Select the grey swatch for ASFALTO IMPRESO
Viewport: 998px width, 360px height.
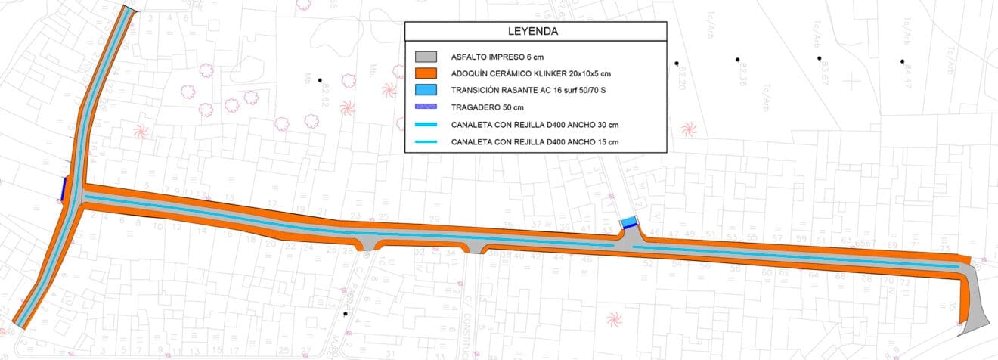click(x=426, y=57)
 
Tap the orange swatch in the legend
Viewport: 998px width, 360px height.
click(x=426, y=73)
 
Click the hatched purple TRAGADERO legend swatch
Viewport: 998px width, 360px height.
click(x=426, y=107)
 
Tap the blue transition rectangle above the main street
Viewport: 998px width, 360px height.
click(x=628, y=223)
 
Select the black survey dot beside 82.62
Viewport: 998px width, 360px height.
click(x=320, y=80)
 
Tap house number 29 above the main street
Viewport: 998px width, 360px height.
click(x=434, y=219)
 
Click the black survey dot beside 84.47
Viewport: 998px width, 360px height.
click(x=902, y=61)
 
